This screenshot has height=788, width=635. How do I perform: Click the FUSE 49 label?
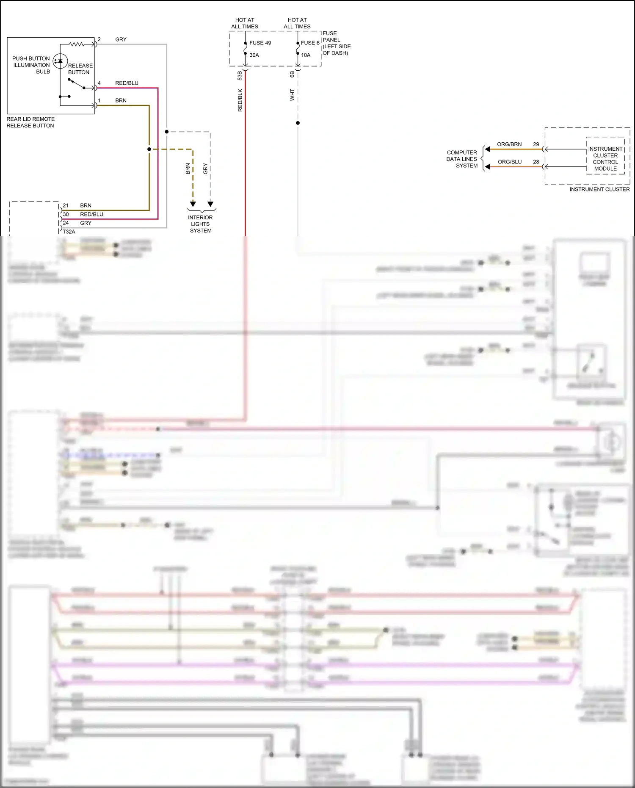coord(260,43)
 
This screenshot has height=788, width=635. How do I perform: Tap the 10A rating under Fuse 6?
coord(306,55)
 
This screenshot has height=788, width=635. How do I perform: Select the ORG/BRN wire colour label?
coord(509,144)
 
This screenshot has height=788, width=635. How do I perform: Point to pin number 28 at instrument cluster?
coord(536,162)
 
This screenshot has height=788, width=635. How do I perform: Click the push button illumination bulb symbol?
coord(60,61)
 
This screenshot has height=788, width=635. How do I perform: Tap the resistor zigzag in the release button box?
coord(77,44)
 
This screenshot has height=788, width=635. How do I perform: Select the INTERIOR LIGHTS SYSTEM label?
coord(200,224)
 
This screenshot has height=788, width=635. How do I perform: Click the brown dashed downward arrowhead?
coord(193,204)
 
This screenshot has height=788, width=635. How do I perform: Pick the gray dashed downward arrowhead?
coord(210,204)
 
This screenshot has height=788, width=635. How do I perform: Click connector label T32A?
coord(69,232)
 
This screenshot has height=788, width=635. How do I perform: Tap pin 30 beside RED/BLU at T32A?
coord(66,214)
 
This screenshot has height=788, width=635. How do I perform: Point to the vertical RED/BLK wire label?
coord(240,100)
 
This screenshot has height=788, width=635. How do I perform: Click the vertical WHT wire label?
coord(292,94)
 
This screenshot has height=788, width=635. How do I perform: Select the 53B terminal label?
coord(240,75)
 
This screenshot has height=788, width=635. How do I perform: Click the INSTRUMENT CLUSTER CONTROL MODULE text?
coord(605,159)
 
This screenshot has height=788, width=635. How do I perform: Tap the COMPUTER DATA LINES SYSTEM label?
coord(462,159)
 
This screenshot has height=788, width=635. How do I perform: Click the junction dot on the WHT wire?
coord(298,123)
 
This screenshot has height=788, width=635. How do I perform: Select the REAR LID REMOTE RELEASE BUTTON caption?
coord(30,122)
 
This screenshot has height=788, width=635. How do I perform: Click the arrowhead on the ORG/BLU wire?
coord(488,167)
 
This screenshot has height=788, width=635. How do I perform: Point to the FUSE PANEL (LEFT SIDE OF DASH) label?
coord(336,43)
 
